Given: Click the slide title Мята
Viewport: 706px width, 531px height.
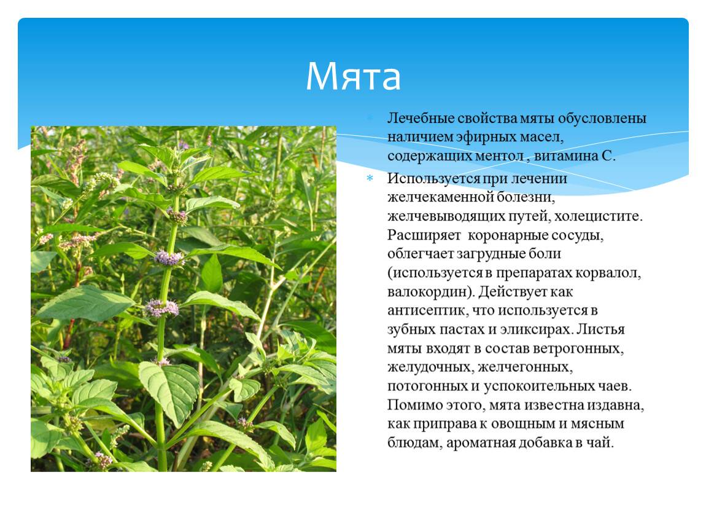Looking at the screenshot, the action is [353, 76].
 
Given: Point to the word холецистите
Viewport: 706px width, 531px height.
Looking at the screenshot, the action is [598, 216].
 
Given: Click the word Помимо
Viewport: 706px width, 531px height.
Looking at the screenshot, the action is [414, 405].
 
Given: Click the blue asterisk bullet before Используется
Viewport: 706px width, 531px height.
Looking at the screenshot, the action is [370, 178].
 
